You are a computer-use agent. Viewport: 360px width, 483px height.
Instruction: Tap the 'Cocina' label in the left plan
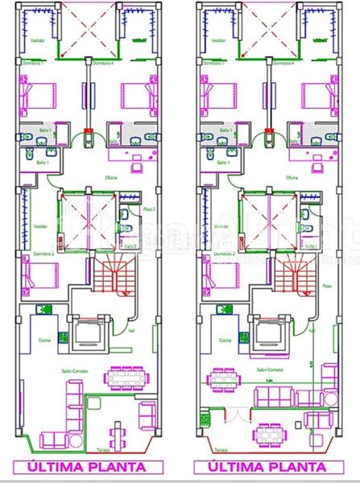tap(45, 341)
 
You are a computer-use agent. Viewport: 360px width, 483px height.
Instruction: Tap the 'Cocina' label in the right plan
tap(226, 341)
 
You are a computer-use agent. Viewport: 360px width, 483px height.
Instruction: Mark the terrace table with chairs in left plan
tap(121, 436)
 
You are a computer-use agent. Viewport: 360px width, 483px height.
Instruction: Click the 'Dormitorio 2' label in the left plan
tap(43, 254)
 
